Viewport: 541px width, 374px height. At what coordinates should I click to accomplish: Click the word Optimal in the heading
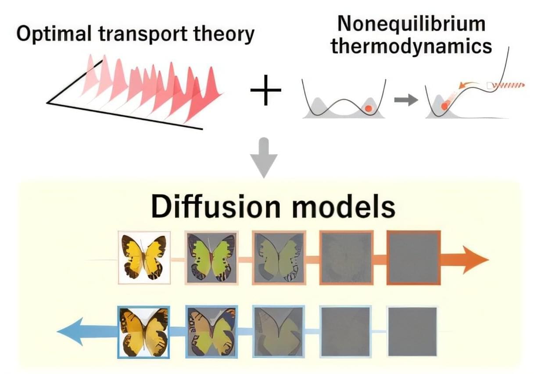pos(54,34)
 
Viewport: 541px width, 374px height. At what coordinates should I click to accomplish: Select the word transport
pos(143,35)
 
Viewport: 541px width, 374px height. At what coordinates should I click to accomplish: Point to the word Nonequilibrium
pos(411,24)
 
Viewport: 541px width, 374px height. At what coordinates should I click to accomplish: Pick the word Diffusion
pos(216,207)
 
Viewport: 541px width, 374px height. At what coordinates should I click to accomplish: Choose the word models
pos(344,207)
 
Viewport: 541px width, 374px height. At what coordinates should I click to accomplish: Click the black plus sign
pos(265,90)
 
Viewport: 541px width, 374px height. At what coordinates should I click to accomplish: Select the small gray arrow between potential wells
pos(406,100)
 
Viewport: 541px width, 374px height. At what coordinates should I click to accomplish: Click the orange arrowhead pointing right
pos(475,260)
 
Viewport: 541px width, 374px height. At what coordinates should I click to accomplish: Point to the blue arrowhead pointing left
pos(70,331)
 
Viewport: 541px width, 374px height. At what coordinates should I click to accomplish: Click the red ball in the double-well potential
pos(368,108)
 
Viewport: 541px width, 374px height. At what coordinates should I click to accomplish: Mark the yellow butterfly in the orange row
pos(144,257)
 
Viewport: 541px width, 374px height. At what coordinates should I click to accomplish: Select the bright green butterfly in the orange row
pos(211,258)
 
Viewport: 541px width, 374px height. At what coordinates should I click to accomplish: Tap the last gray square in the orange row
pos(414,258)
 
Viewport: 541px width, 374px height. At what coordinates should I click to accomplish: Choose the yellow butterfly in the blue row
pos(144,332)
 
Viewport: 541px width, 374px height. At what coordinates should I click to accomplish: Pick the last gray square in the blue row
pos(412,331)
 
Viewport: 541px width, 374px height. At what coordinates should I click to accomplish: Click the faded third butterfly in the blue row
pos(279,332)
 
